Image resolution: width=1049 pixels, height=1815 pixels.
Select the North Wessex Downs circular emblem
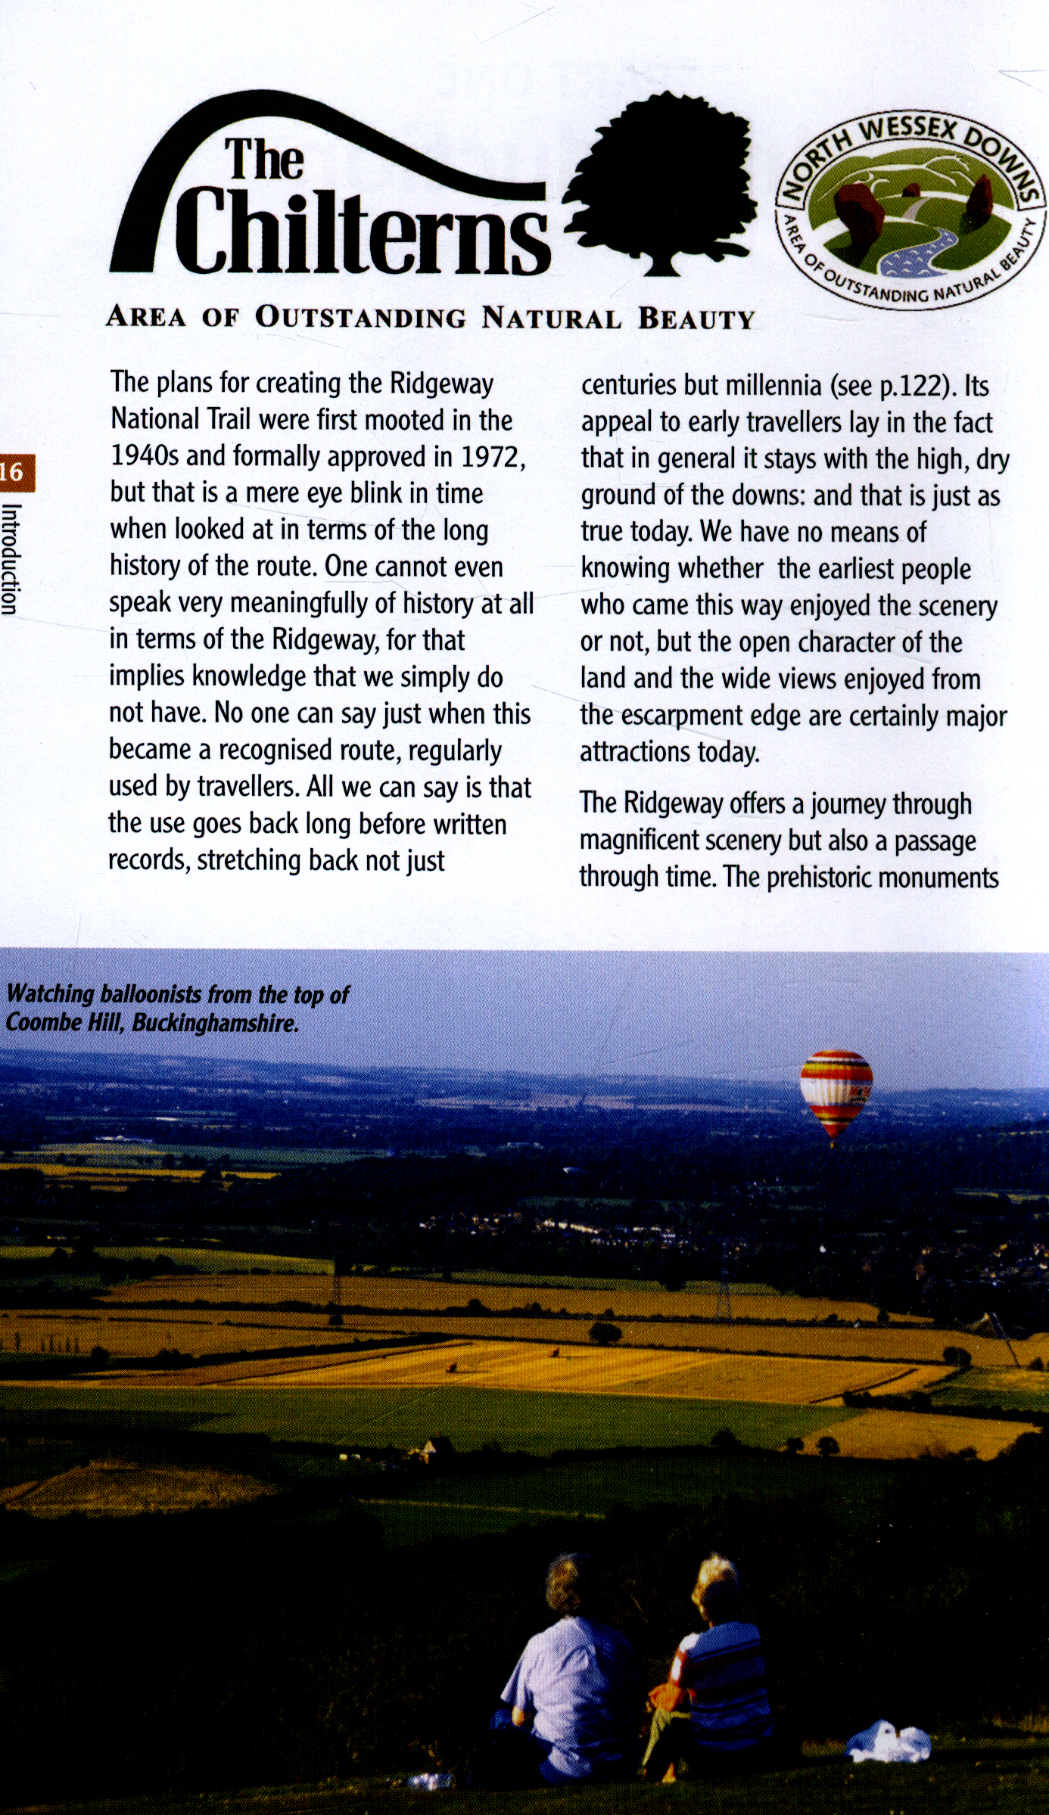tap(910, 210)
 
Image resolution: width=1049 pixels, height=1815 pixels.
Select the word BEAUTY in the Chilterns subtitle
tap(696, 319)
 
